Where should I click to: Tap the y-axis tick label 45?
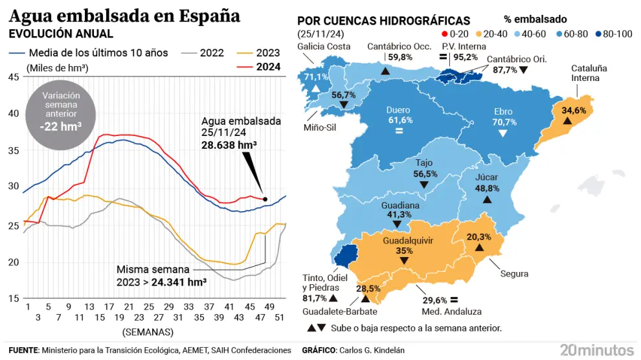click(x=13, y=78)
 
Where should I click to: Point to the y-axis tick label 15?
click(x=13, y=298)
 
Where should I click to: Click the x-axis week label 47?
click(x=261, y=307)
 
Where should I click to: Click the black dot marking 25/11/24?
click(x=265, y=199)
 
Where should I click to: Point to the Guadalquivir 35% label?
click(x=403, y=245)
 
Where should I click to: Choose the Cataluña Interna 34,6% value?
click(x=574, y=111)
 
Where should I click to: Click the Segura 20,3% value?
click(x=479, y=237)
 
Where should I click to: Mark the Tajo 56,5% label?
click(x=426, y=169)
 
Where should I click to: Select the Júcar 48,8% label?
click(x=488, y=183)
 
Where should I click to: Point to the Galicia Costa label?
click(x=324, y=46)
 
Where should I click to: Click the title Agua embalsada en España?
click(x=124, y=16)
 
